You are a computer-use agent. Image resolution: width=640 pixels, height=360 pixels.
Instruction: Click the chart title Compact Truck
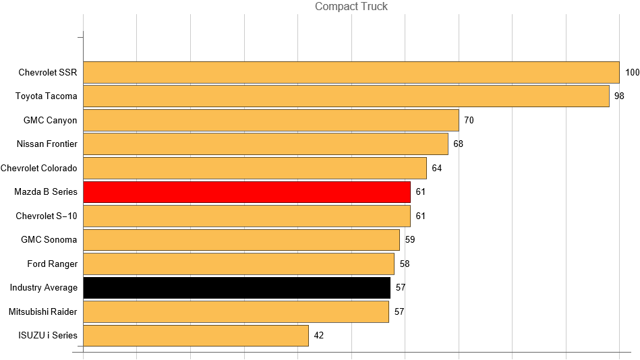pyautogui.click(x=351, y=7)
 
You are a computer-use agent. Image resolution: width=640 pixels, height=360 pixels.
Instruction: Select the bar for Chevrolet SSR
pyautogui.click(x=351, y=72)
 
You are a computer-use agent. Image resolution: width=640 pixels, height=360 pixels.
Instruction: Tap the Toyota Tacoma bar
pyautogui.click(x=346, y=96)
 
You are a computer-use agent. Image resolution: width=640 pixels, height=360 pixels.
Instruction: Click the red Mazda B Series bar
pyautogui.click(x=247, y=192)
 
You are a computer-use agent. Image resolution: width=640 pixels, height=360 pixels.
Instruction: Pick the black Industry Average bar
pyautogui.click(x=237, y=288)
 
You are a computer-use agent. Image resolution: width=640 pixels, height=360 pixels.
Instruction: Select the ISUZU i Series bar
pyautogui.click(x=196, y=336)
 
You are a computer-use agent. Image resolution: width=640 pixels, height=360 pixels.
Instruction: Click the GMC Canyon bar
pyautogui.click(x=270, y=120)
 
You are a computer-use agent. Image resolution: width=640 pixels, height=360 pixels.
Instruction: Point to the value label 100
pyautogui.click(x=632, y=72)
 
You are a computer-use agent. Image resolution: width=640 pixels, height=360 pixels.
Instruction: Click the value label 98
pyautogui.click(x=619, y=96)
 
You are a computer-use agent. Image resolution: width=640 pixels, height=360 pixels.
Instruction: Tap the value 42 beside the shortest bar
pyautogui.click(x=319, y=336)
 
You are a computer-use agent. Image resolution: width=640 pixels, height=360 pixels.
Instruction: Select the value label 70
pyautogui.click(x=469, y=120)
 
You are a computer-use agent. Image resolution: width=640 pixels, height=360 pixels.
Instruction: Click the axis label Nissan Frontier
pyautogui.click(x=47, y=144)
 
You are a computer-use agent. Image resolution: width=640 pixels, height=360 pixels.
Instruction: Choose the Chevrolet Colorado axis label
pyautogui.click(x=39, y=168)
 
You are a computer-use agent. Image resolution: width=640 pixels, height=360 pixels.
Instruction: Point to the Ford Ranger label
pyautogui.click(x=53, y=264)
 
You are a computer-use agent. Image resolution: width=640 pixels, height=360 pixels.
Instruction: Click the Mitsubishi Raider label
pyautogui.click(x=43, y=311)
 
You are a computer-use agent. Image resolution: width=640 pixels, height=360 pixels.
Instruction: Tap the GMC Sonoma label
pyautogui.click(x=49, y=240)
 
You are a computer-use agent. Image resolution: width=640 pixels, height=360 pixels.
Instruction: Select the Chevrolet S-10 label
pyautogui.click(x=47, y=216)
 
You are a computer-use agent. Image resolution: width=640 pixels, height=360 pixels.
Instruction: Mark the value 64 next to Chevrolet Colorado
pyautogui.click(x=437, y=168)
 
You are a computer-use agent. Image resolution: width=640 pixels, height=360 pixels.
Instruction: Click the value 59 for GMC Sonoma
pyautogui.click(x=410, y=240)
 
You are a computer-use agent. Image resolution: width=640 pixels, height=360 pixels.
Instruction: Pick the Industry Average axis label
pyautogui.click(x=44, y=288)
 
